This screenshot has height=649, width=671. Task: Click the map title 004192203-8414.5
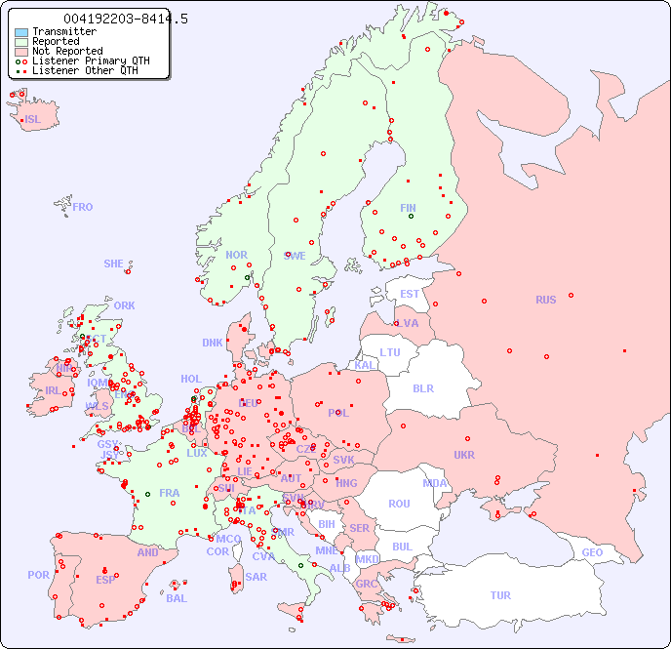[x=126, y=20]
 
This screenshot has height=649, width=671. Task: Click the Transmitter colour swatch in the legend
[x=21, y=32]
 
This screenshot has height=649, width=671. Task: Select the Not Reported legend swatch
[x=21, y=52]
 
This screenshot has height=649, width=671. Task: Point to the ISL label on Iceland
[x=33, y=120]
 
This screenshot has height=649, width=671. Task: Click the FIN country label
[x=408, y=208]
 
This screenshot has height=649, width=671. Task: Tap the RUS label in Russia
[x=545, y=300]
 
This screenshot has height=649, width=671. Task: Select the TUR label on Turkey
[x=500, y=595]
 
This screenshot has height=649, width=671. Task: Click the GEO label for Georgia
[x=592, y=552]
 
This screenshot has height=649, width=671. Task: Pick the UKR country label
[x=464, y=455]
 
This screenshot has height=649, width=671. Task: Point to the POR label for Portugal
[x=38, y=575]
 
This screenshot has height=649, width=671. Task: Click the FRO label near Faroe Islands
[x=82, y=207]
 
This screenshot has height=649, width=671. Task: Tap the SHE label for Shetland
[x=114, y=264]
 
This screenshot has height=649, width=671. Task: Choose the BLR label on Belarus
[x=422, y=387]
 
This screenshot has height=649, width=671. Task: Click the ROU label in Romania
[x=399, y=504]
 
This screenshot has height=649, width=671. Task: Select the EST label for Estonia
[x=410, y=294]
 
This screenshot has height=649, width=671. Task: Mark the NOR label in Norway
[x=236, y=255]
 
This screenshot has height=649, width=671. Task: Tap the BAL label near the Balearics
[x=177, y=598]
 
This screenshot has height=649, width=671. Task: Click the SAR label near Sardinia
[x=256, y=576]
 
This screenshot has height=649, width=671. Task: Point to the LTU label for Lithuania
[x=390, y=352]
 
